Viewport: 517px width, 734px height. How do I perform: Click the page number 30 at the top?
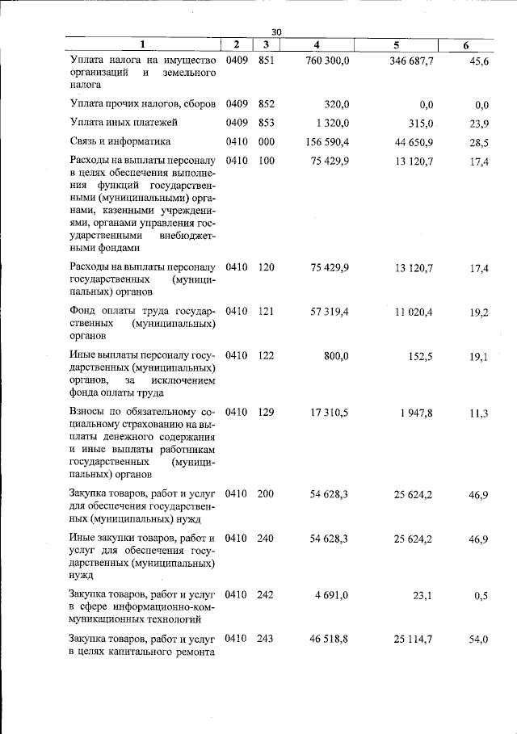tap(276, 31)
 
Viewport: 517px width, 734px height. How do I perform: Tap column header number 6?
tap(466, 45)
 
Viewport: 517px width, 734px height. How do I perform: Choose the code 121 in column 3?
tap(267, 312)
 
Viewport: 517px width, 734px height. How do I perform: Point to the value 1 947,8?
tap(416, 412)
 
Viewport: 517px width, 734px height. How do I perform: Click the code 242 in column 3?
tap(267, 595)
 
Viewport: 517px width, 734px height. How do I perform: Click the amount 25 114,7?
tap(413, 638)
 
